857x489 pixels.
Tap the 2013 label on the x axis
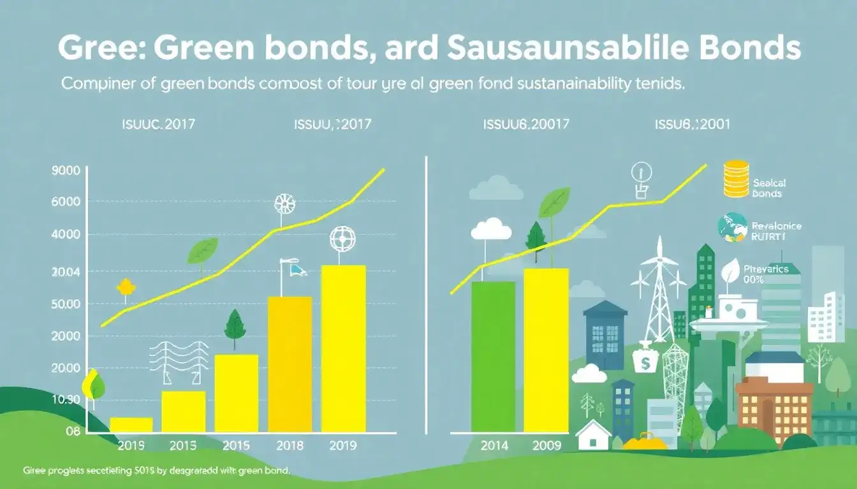182,445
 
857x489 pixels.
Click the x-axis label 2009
546,445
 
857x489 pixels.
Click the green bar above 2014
493,357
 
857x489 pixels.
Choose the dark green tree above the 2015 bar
235,326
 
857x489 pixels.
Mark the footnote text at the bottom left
156,471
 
